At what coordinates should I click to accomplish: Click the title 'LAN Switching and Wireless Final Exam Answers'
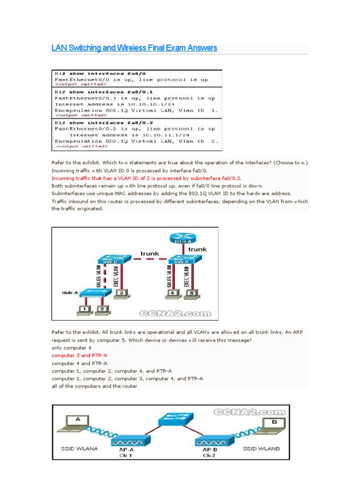tap(134, 48)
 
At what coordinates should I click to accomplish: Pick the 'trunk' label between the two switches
tap(150, 254)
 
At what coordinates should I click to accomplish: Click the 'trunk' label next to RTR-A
tap(197, 249)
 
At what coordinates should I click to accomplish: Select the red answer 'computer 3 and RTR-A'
tap(79, 356)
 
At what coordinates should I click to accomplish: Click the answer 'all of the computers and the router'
tap(94, 386)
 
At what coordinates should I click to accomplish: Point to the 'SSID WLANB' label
tap(261, 449)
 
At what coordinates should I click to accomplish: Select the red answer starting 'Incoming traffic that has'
tap(146, 179)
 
